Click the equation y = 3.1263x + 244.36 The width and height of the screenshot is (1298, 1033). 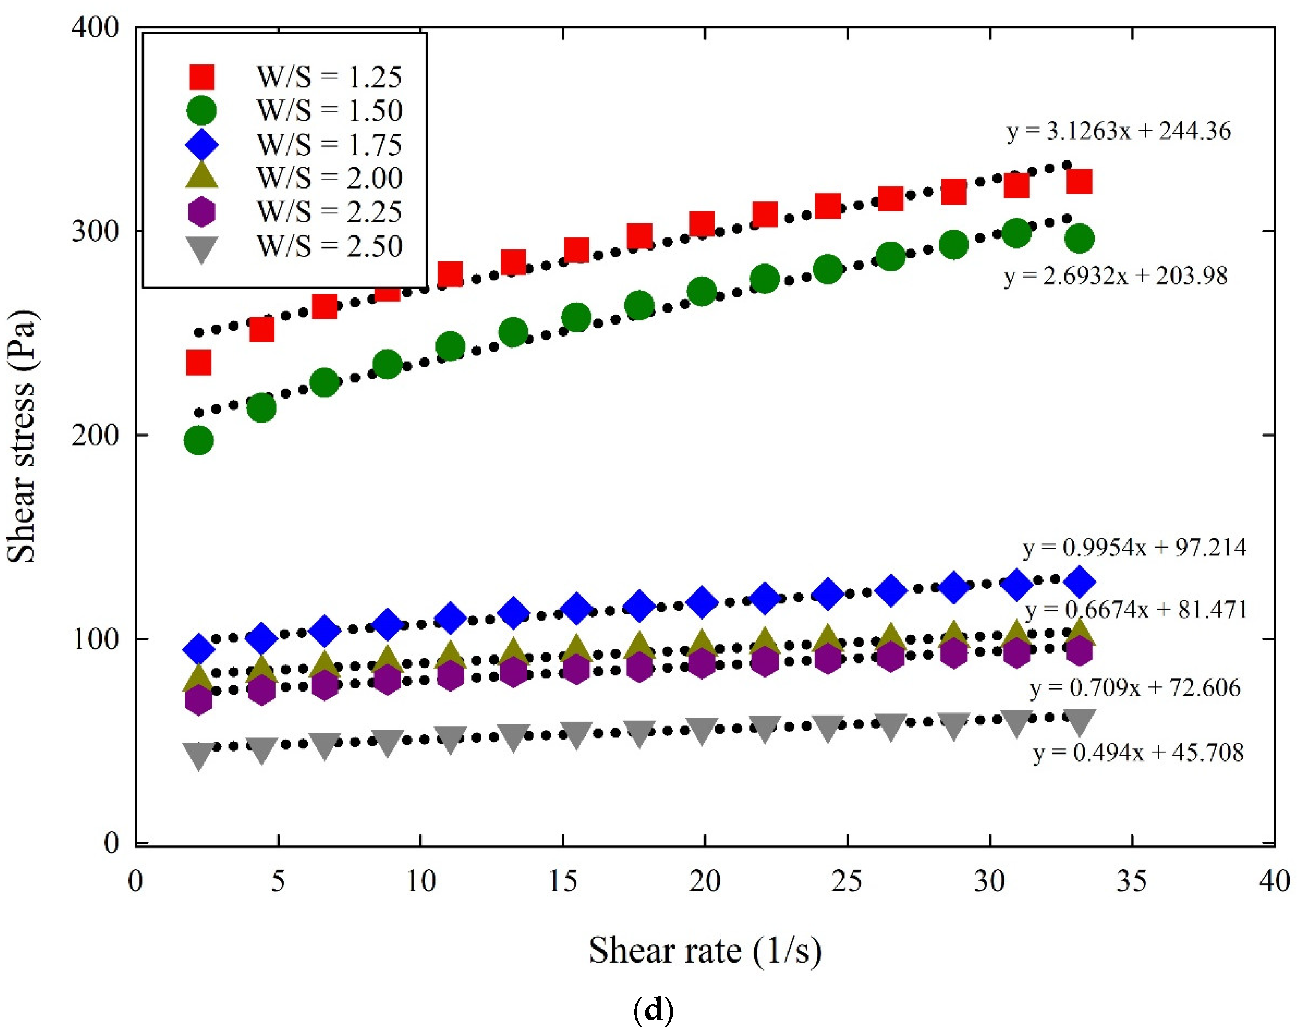pos(1118,131)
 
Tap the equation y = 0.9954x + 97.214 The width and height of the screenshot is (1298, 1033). pos(1134,548)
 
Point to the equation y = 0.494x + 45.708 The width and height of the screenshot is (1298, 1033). pos(1138,752)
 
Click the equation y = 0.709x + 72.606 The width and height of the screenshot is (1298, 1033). pos(1135,688)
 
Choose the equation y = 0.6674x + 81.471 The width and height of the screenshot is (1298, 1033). pos(1135,610)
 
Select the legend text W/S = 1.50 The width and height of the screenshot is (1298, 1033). pos(329,111)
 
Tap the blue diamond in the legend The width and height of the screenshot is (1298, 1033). pos(202,144)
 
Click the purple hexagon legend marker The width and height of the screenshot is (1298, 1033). pos(202,212)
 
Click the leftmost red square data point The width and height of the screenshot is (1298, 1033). pos(199,363)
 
